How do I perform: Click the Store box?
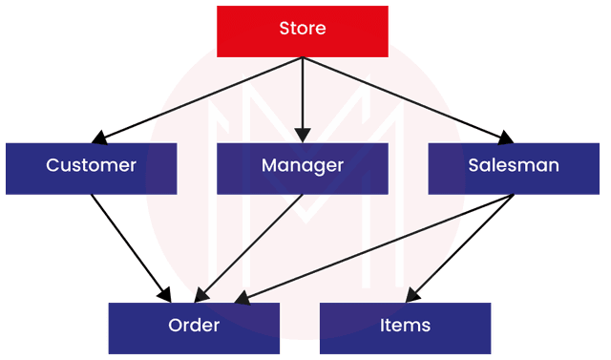pyautogui.click(x=303, y=30)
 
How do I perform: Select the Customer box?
pyautogui.click(x=91, y=166)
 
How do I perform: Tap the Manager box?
pyautogui.click(x=302, y=166)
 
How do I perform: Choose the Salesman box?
pyautogui.click(x=514, y=166)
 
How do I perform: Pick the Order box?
pyautogui.click(x=194, y=327)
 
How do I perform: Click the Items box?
pyautogui.click(x=405, y=327)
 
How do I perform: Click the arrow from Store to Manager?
pyautogui.click(x=303, y=95)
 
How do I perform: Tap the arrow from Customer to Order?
pyautogui.click(x=129, y=243)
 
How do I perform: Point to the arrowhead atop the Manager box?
pyautogui.click(x=303, y=135)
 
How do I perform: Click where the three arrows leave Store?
pyautogui.click(x=303, y=58)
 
